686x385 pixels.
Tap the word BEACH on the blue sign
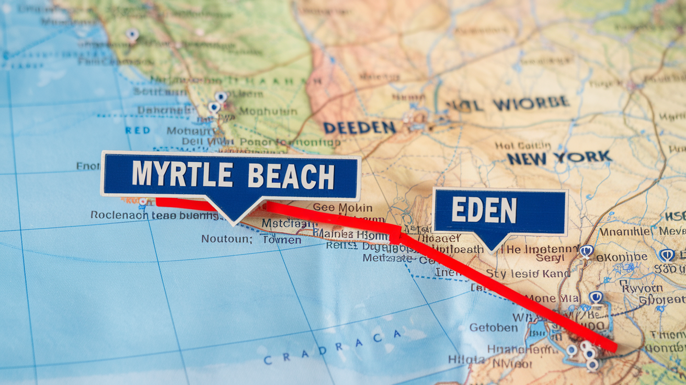click(291, 176)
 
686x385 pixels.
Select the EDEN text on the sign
click(484, 211)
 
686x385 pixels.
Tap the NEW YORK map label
click(559, 157)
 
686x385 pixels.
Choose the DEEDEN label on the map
click(359, 127)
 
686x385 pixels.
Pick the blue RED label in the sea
click(138, 130)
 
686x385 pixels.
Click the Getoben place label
click(494, 327)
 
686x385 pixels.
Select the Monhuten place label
click(268, 111)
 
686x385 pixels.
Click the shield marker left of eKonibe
click(586, 251)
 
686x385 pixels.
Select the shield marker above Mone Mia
click(596, 297)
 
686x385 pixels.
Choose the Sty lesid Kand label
click(528, 273)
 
